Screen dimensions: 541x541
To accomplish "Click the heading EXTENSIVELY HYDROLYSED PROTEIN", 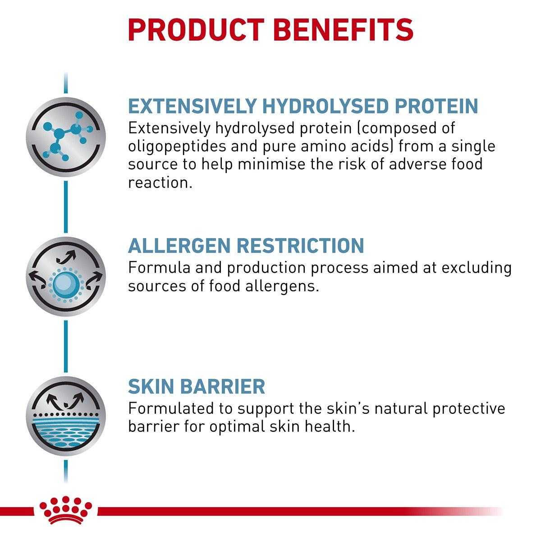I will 303,106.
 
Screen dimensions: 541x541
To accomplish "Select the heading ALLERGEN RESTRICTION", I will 246,246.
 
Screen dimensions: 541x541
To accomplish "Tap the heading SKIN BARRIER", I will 197,387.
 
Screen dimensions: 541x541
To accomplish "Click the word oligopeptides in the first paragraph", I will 175,147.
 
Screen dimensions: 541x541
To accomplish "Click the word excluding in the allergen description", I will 477,268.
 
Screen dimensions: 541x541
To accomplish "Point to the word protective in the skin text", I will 468,408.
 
